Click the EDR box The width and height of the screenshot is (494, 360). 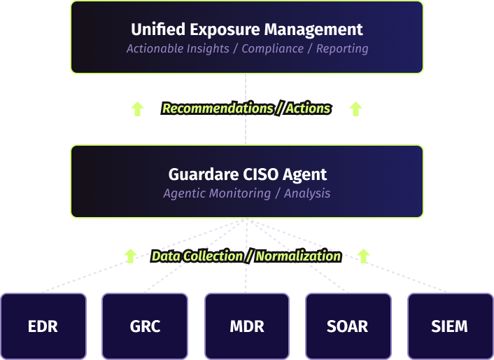pyautogui.click(x=43, y=326)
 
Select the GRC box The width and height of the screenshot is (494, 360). pyautogui.click(x=145, y=326)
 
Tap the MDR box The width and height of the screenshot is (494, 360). pyautogui.click(x=246, y=326)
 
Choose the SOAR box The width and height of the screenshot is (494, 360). pyautogui.click(x=348, y=326)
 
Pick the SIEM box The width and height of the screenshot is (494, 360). pyautogui.click(x=449, y=326)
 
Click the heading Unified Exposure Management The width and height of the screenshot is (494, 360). pyautogui.click(x=247, y=29)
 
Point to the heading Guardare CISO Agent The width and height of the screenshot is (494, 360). pyautogui.click(x=247, y=174)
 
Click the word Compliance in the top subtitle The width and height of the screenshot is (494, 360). pyautogui.click(x=273, y=49)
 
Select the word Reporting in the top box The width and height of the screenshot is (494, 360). pyautogui.click(x=342, y=49)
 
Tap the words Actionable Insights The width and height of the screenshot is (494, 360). pyautogui.click(x=178, y=49)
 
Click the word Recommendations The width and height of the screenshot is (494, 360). pyautogui.click(x=218, y=109)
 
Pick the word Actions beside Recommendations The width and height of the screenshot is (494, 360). pyautogui.click(x=308, y=109)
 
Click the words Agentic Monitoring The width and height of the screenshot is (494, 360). pyautogui.click(x=217, y=193)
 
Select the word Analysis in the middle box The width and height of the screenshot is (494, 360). pyautogui.click(x=307, y=193)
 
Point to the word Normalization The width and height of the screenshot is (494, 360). pyautogui.click(x=298, y=256)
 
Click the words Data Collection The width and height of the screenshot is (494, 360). pyautogui.click(x=197, y=256)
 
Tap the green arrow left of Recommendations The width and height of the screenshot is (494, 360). pyautogui.click(x=138, y=109)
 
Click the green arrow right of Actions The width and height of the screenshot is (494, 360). pyautogui.click(x=355, y=109)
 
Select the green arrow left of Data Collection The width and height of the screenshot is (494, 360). pyautogui.click(x=129, y=256)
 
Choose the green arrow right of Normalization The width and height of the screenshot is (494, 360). pyautogui.click(x=363, y=256)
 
